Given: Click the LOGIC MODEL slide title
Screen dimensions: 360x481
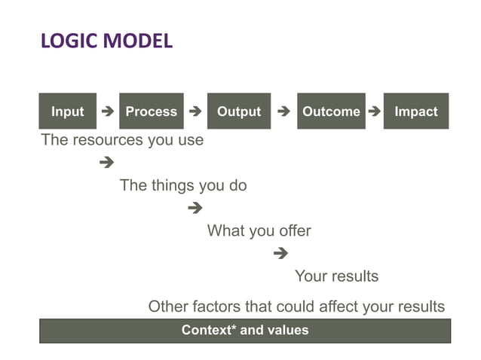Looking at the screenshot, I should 106,41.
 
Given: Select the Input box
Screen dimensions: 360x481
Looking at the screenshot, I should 68,111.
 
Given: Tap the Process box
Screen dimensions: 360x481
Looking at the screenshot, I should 152,111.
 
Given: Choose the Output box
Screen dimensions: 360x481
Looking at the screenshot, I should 239,111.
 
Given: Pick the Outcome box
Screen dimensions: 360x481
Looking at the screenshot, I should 331,111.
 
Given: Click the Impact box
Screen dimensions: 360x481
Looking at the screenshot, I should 416,111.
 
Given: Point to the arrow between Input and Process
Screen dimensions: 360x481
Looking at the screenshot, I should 108,111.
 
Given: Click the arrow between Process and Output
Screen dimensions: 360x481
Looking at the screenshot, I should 195,111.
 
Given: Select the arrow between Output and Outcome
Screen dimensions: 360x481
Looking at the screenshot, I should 283,111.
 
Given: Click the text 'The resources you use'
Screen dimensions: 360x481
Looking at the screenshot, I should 122,140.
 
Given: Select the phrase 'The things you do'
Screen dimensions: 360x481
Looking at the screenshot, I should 183,185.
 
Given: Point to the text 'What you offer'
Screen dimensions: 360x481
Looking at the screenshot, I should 259,230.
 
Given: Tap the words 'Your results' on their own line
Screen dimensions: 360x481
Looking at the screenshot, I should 336,276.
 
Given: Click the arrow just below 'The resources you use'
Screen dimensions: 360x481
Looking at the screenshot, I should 106,162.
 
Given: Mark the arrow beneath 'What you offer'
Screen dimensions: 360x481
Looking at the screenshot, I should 281,253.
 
